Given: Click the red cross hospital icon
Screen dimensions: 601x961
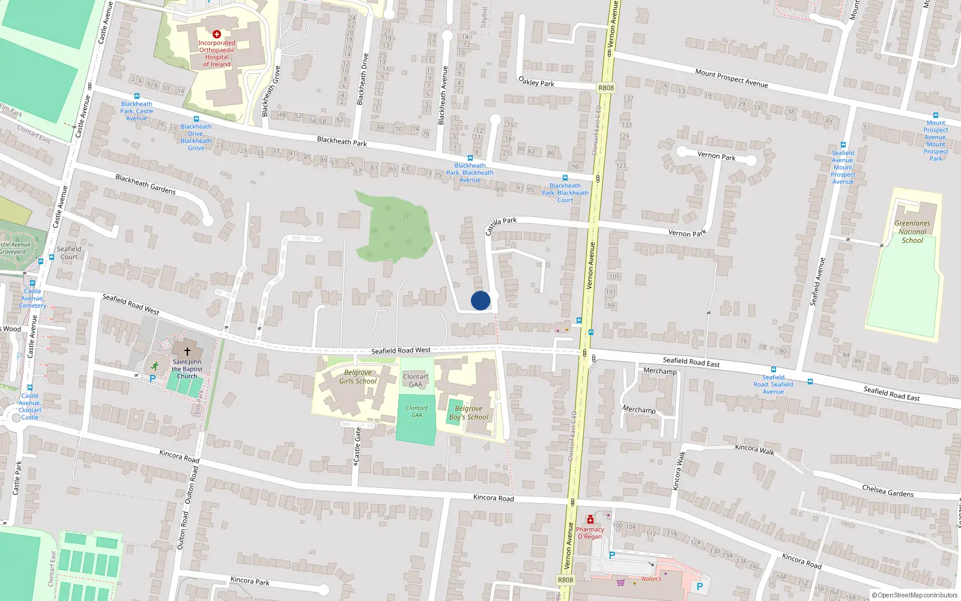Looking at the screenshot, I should [216, 34].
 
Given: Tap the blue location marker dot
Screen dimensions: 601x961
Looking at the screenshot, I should [480, 300].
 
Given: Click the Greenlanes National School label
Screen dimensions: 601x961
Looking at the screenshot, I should [912, 231].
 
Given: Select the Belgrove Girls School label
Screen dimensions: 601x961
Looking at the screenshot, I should [357, 376].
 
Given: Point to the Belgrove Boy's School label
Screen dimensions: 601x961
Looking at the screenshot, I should [468, 413].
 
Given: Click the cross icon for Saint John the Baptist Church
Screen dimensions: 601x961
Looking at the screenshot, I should [187, 351].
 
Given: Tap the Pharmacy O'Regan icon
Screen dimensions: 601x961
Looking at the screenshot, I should [590, 520].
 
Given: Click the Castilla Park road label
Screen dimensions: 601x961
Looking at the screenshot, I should [501, 225].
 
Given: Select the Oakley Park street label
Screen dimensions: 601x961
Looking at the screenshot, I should [536, 81].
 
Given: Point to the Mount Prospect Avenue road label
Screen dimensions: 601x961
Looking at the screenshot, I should [731, 78].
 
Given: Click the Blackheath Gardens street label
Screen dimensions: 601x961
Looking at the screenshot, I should [145, 184].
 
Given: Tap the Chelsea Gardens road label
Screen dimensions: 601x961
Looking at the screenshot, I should [888, 491].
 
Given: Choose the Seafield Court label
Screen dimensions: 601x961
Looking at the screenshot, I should [68, 252].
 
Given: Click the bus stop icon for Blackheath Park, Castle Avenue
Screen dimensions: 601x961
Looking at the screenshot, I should [137, 96].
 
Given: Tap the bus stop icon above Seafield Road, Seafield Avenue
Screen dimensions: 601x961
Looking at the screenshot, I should [774, 370].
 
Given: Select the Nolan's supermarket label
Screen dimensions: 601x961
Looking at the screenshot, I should [651, 579].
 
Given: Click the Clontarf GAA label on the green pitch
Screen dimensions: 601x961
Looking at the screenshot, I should [416, 411].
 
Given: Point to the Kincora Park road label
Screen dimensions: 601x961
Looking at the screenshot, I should [250, 581].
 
